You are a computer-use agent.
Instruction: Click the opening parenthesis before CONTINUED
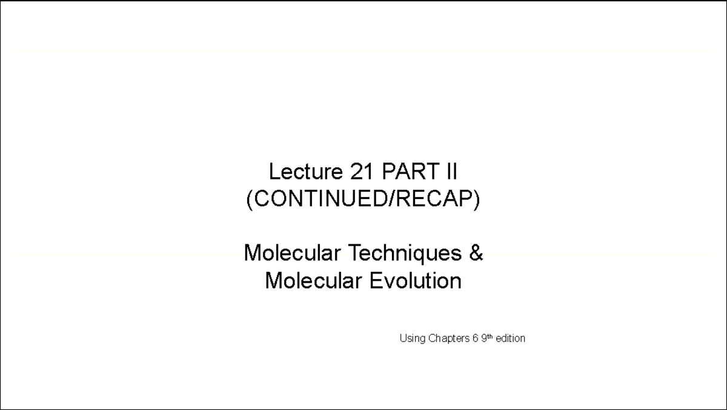click(250, 199)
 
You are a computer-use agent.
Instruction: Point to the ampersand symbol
click(476, 252)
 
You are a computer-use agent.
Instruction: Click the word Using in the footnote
click(413, 338)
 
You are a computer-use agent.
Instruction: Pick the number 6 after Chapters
click(476, 338)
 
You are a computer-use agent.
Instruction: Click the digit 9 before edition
click(483, 338)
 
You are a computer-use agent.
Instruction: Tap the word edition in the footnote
click(510, 338)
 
